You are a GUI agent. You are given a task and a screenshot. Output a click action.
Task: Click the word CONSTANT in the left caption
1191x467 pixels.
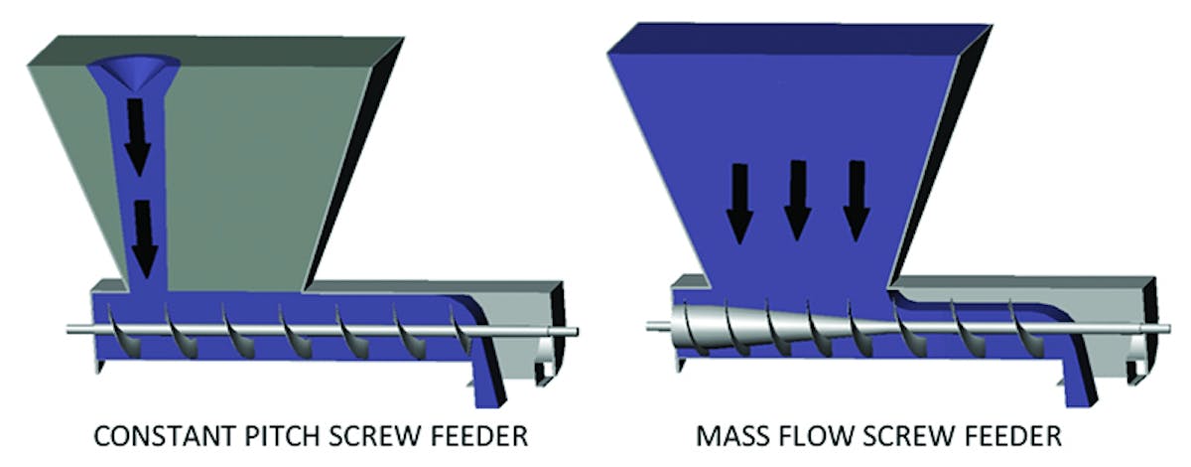155,437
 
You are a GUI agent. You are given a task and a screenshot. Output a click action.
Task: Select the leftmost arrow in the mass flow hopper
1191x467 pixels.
737,204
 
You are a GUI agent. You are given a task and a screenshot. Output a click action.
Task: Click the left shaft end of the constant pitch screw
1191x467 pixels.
73,329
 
